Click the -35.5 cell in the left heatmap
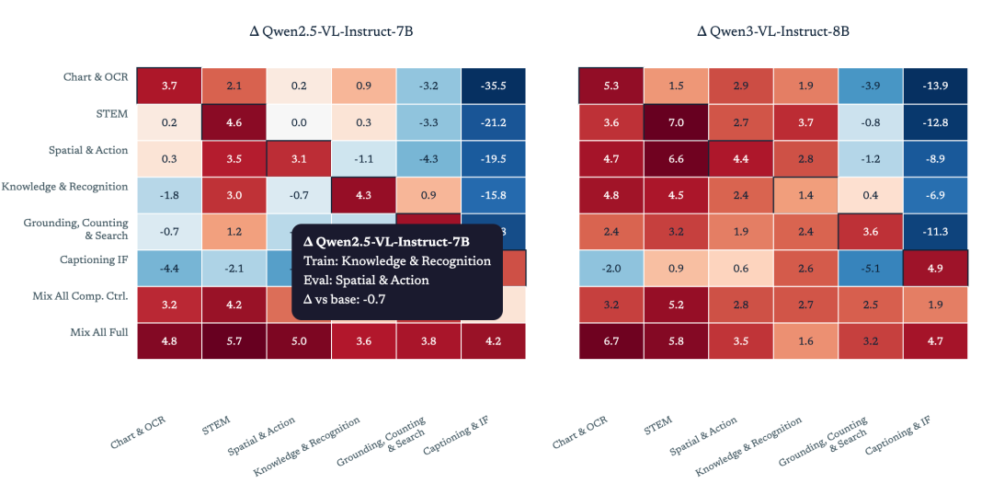pos(494,85)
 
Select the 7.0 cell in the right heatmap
pos(676,122)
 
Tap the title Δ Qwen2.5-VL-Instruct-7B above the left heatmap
pos(332,31)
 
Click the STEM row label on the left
pos(114,114)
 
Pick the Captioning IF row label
pos(94,259)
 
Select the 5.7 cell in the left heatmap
pos(234,341)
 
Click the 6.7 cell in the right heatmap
pos(611,341)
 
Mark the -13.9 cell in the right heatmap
pos(935,85)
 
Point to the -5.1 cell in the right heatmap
pos(870,269)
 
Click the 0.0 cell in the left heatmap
pos(299,122)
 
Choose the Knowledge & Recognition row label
pos(64,187)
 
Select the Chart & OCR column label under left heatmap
pos(140,433)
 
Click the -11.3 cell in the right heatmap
pos(935,232)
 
